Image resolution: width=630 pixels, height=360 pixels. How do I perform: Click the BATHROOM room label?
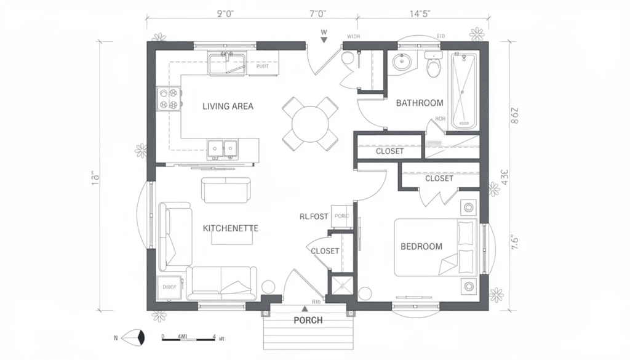(x=420, y=103)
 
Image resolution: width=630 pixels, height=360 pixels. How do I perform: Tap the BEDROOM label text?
(x=421, y=247)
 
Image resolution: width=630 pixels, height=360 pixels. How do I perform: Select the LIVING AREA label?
(x=228, y=106)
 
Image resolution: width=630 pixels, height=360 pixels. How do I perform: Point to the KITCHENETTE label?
(x=230, y=228)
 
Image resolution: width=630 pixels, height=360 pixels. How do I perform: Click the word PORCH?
(x=308, y=320)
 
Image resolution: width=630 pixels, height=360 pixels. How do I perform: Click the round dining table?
(x=311, y=123)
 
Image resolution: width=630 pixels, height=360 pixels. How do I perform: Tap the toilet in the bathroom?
(x=434, y=65)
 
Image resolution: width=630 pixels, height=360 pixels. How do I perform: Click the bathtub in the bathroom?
(x=464, y=90)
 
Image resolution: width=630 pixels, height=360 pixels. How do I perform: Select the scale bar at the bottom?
(x=188, y=337)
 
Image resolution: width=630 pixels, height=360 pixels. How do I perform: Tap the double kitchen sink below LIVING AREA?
(x=222, y=147)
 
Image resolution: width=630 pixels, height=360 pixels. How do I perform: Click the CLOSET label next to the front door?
(x=324, y=251)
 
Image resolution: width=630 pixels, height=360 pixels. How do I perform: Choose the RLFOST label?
(x=313, y=217)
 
